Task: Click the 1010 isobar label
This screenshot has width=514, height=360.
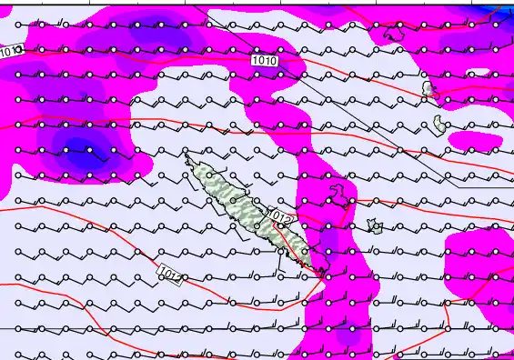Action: click(x=265, y=61)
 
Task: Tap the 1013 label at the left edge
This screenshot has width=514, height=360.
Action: click(x=11, y=52)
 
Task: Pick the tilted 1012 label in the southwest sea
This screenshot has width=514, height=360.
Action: click(x=169, y=271)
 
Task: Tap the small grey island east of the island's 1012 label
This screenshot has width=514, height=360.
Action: click(x=373, y=225)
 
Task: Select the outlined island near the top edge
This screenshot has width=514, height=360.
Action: click(x=394, y=34)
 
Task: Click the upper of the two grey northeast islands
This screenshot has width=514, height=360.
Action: click(x=428, y=89)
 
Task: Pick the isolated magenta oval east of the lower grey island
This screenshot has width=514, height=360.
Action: click(x=478, y=141)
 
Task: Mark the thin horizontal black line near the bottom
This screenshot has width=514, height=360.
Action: click(x=182, y=327)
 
